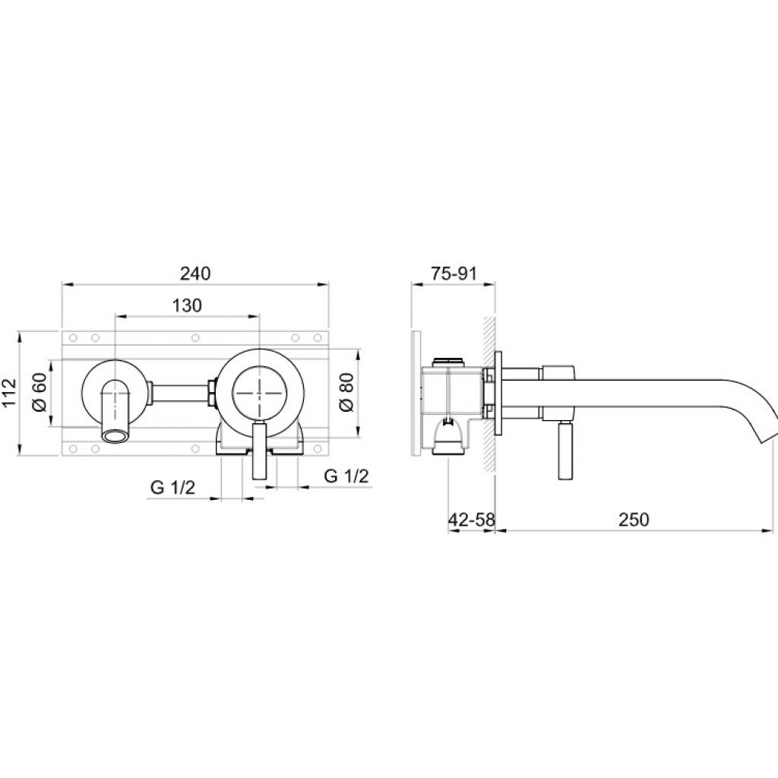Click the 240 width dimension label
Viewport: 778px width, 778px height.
tap(195, 274)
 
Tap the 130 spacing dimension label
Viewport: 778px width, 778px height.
tap(187, 305)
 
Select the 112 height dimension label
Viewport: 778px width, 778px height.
tap(9, 393)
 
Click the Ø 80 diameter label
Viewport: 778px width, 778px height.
tap(346, 392)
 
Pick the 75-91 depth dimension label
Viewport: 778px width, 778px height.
tap(454, 274)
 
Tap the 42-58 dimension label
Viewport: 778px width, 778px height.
tap(471, 520)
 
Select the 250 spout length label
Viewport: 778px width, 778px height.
tap(634, 520)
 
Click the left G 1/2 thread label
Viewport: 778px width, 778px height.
tap(172, 487)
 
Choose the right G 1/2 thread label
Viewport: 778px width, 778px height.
tap(346, 476)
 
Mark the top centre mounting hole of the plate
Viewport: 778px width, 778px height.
tap(195, 338)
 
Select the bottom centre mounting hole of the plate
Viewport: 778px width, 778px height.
tap(195, 448)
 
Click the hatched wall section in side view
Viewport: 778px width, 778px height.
tap(489, 394)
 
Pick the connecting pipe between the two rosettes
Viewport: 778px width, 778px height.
tap(179, 392)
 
